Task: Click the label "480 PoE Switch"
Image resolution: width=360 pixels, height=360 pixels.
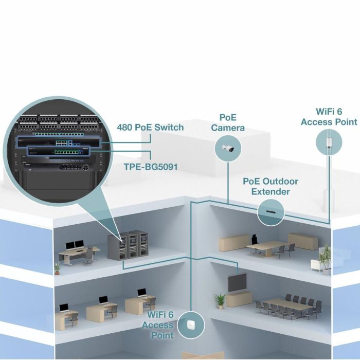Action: tap(151, 127)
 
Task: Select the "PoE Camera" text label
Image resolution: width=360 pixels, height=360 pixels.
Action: tap(228, 123)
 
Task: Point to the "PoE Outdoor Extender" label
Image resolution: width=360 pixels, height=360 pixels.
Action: tap(271, 186)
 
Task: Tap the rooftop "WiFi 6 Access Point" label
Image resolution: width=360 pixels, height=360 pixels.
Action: tap(329, 117)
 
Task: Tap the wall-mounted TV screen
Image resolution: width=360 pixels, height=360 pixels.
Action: tap(238, 281)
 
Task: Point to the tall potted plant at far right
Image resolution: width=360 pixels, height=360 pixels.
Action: tap(325, 257)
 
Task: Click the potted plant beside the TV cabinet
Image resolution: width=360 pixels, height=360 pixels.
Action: tap(220, 300)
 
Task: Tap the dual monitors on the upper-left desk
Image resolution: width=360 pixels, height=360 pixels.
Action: tap(74, 246)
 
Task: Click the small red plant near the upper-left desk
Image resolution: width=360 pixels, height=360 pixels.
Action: tap(57, 267)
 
